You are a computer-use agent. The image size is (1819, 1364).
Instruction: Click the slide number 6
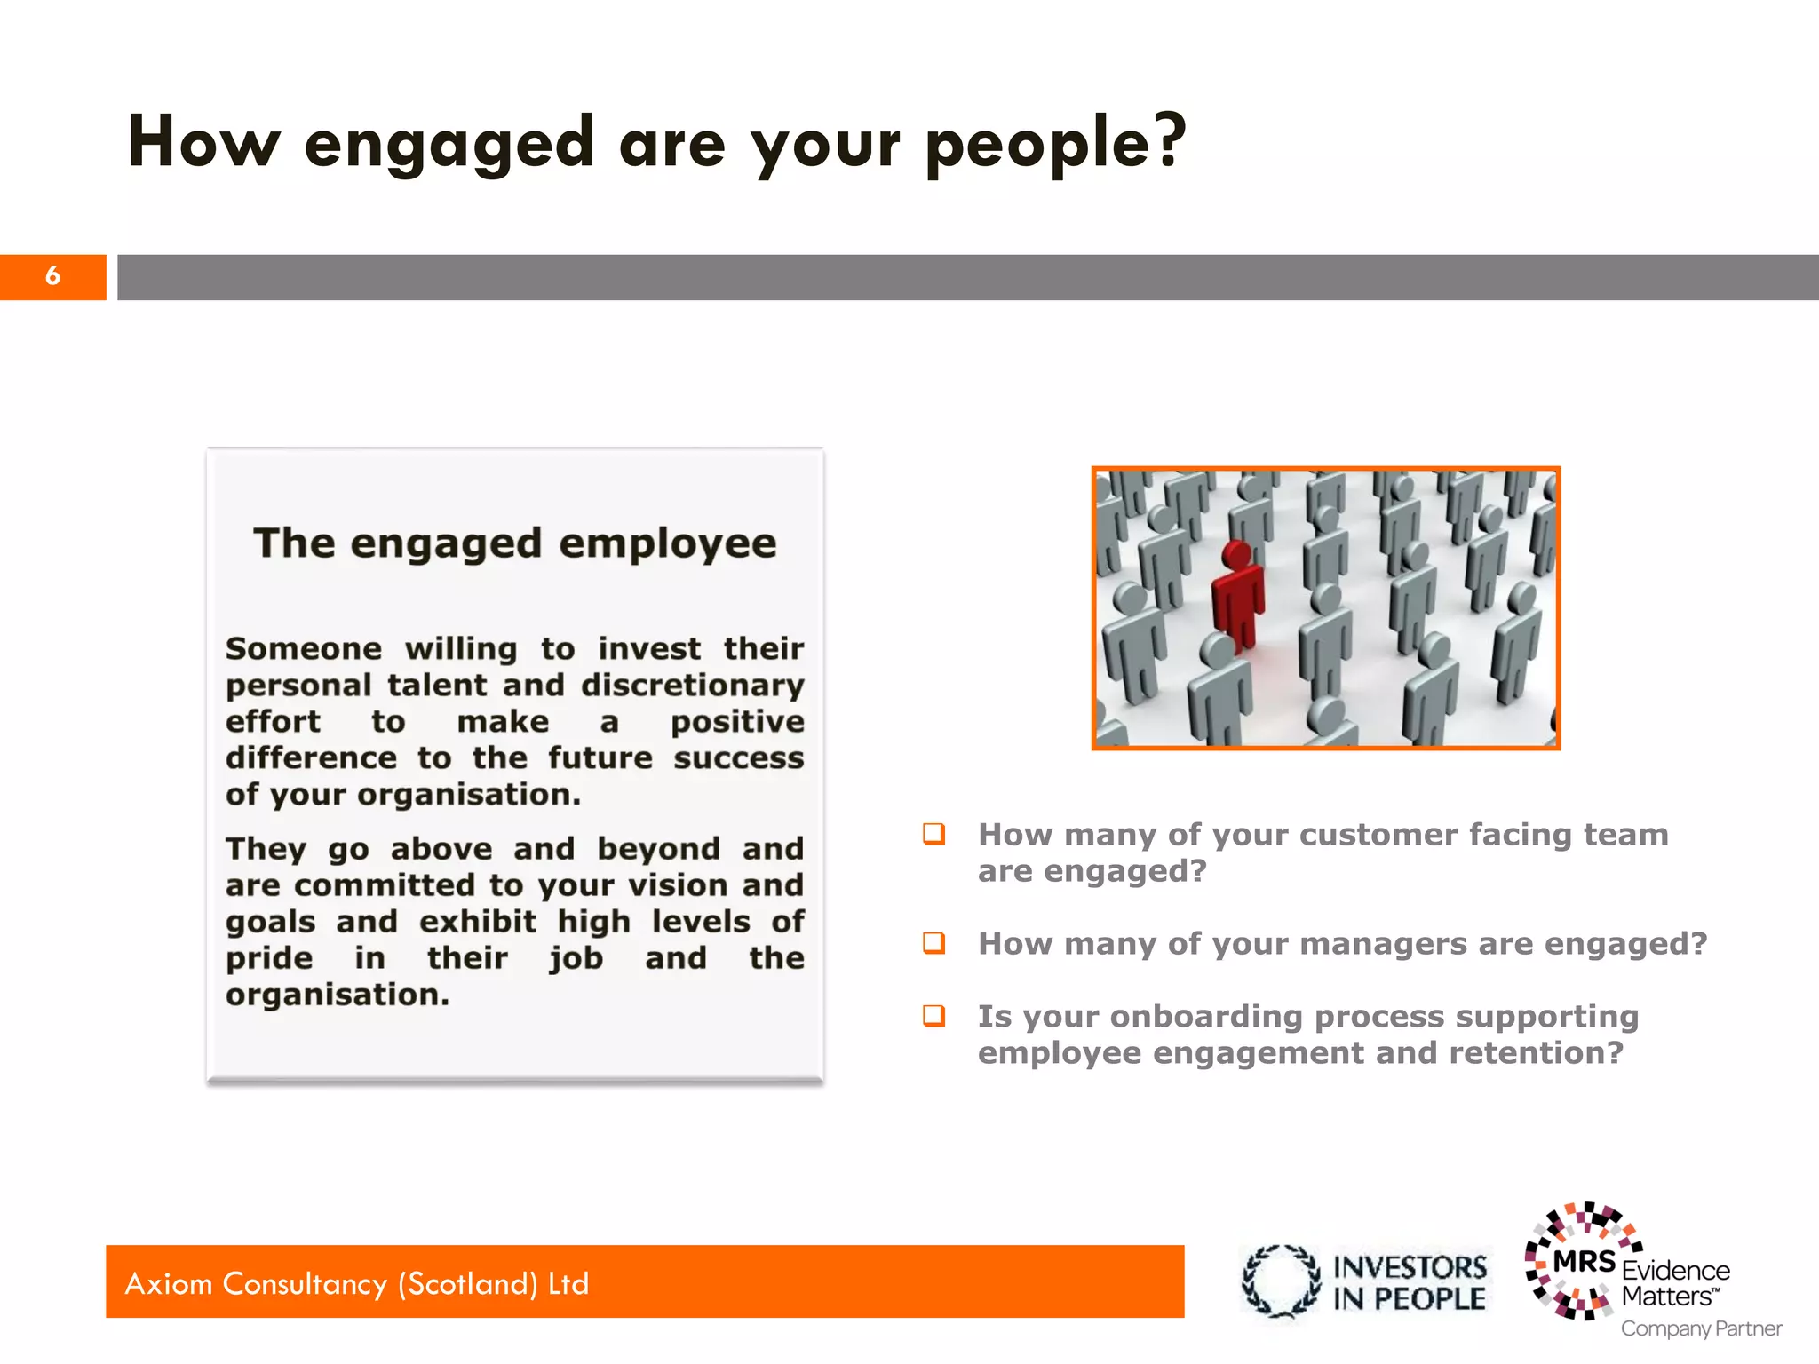[53, 276]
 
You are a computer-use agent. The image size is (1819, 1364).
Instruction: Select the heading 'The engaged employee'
[514, 543]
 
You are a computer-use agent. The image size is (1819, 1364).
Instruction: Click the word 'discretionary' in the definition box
[693, 686]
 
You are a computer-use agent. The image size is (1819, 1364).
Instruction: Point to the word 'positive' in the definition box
[737, 722]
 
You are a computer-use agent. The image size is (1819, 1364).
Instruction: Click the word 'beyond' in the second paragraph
[658, 849]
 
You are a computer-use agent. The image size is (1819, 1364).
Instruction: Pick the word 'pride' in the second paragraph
[269, 959]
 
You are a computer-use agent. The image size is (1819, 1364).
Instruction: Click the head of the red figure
[1235, 555]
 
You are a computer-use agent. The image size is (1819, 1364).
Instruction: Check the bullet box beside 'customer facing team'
[933, 834]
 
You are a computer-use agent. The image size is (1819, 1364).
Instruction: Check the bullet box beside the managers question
[933, 942]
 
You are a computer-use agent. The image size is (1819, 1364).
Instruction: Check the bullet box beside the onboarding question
[933, 1015]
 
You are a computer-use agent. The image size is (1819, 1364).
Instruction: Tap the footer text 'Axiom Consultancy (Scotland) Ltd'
[357, 1283]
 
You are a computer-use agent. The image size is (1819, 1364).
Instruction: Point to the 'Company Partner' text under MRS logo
[1701, 1328]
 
